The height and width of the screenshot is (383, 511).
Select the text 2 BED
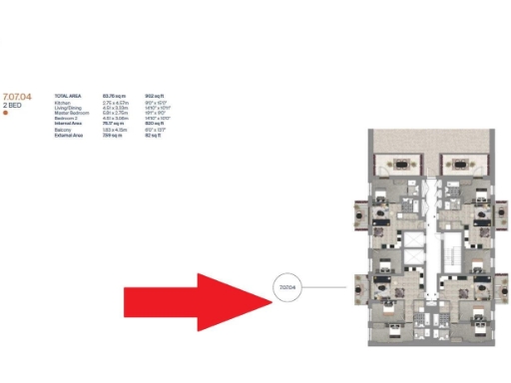tap(15, 105)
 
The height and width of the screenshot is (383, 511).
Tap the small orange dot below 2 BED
tap(6, 113)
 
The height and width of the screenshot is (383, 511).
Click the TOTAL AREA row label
tap(67, 95)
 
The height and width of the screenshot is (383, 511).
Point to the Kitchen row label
tap(63, 103)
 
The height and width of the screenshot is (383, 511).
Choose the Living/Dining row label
tap(68, 108)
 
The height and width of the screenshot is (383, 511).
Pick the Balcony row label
tap(63, 130)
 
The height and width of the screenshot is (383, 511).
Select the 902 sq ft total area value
tap(155, 95)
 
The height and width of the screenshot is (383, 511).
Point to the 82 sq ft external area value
tap(153, 135)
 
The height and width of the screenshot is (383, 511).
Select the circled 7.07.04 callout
tap(288, 289)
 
